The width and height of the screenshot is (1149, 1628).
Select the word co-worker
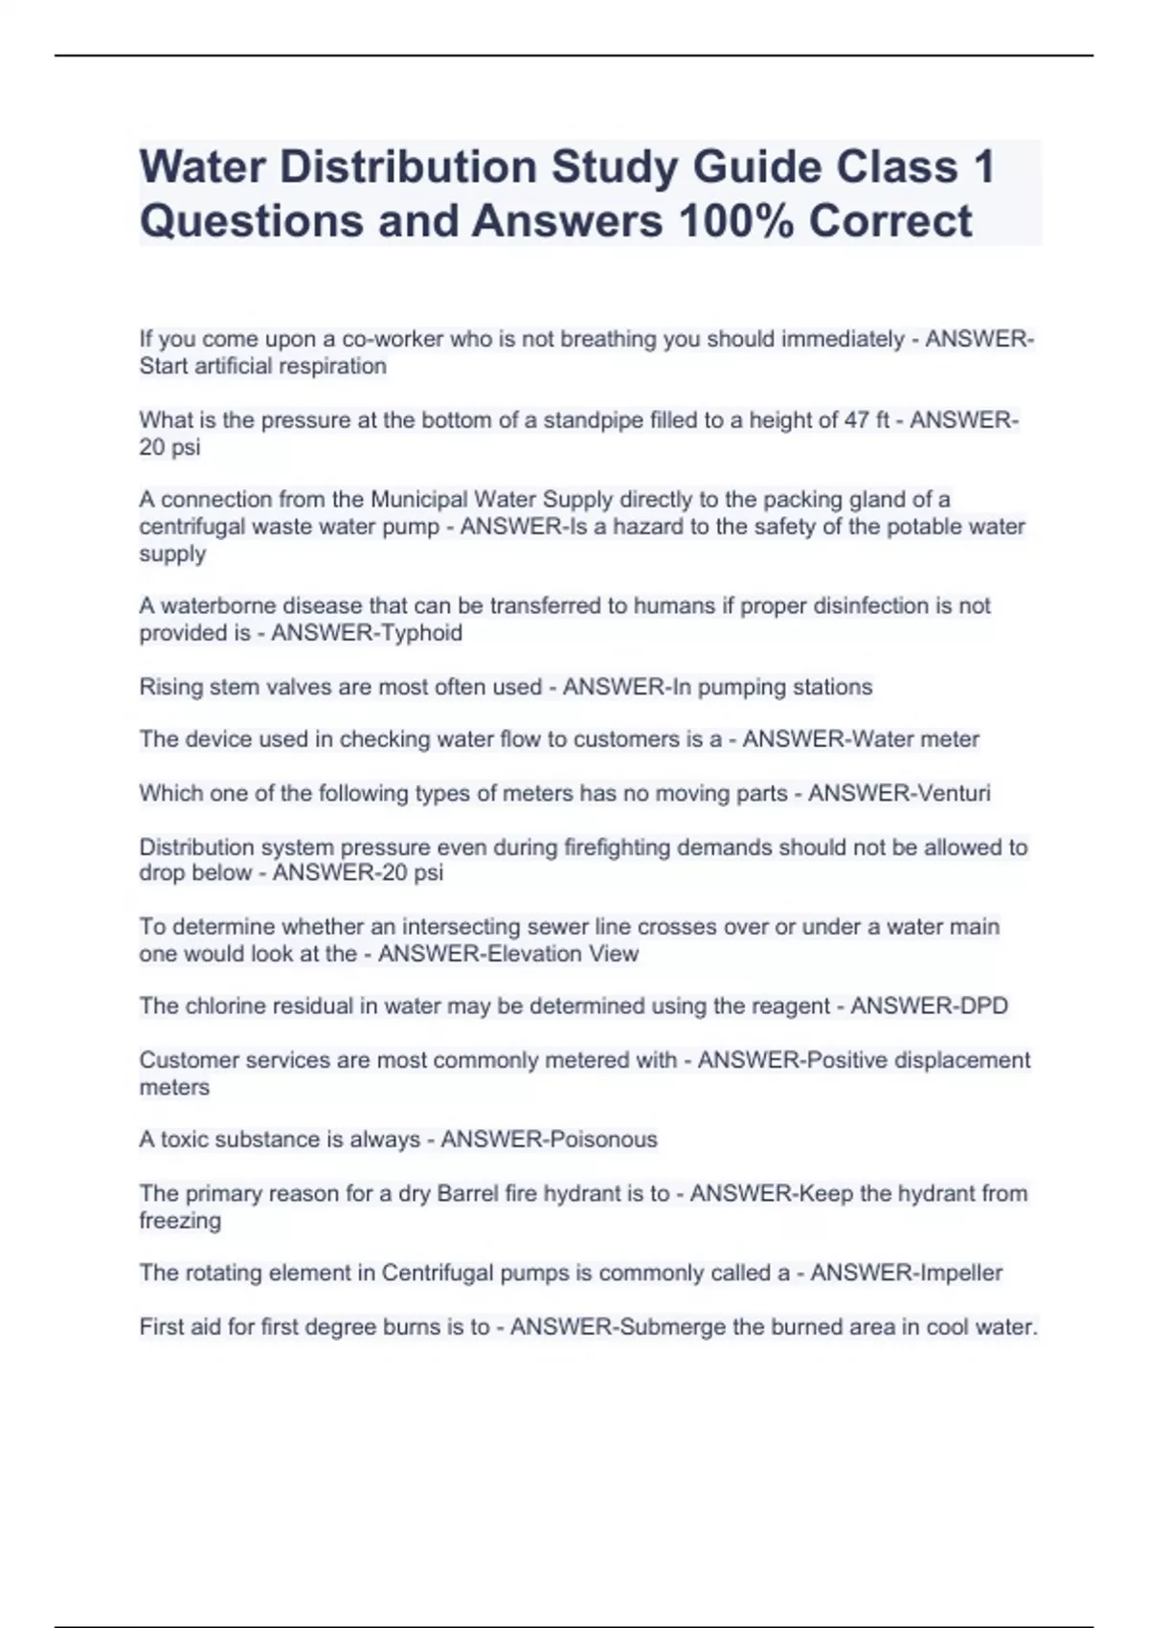point(393,339)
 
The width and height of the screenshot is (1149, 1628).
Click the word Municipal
point(418,500)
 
